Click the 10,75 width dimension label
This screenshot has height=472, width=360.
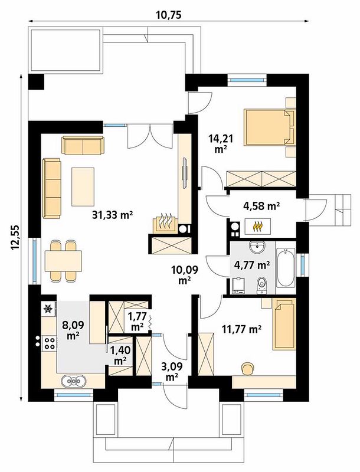click(x=169, y=15)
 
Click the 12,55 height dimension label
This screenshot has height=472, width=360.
click(x=15, y=237)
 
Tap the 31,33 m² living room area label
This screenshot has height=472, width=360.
click(x=113, y=215)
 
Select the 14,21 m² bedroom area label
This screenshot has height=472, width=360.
click(x=221, y=143)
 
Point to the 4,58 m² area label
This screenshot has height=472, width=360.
click(x=261, y=206)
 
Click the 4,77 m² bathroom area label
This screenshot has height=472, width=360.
click(x=251, y=265)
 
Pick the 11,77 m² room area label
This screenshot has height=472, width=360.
click(x=241, y=329)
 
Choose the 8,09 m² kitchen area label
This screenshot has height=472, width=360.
click(x=73, y=330)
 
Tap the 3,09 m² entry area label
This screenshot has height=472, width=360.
click(x=172, y=372)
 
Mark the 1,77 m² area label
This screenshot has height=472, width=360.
click(x=138, y=322)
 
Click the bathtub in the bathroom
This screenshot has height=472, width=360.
click(x=285, y=268)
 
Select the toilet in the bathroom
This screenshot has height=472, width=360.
click(x=261, y=285)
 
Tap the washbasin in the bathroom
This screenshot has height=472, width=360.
click(x=257, y=247)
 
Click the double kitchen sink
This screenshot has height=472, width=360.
click(x=74, y=381)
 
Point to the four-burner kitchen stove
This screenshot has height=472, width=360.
click(x=50, y=343)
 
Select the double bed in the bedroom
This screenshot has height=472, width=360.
click(x=269, y=127)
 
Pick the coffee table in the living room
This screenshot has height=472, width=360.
click(x=83, y=187)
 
